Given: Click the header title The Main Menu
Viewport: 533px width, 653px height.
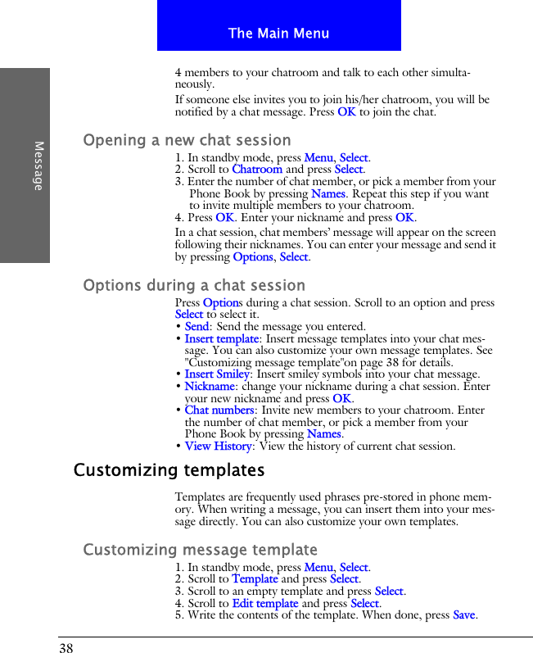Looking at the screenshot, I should [278, 34].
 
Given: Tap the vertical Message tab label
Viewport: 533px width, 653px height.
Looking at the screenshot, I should [38, 166].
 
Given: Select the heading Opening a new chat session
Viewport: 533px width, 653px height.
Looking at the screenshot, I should [187, 140].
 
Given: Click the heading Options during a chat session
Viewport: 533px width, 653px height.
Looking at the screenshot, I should [194, 285].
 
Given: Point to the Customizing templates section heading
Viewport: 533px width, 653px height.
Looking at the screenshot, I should [169, 471].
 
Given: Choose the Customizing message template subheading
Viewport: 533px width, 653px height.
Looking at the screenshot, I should [200, 550].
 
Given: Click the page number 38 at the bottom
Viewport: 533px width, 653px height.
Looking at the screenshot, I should [65, 647].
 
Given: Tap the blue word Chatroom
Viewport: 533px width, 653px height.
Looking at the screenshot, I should [256, 170].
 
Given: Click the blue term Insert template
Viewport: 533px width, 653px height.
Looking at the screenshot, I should [221, 338].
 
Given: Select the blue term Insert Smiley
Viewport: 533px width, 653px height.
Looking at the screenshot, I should [217, 374].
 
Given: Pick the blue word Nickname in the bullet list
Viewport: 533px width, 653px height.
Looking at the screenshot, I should [210, 387].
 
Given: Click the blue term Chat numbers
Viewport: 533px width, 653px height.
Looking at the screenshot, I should [219, 410].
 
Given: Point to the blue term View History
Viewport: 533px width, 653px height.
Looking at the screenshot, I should [218, 447].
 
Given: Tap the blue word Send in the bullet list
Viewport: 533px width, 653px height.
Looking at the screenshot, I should [196, 327].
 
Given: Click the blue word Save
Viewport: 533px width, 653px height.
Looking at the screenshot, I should [464, 615].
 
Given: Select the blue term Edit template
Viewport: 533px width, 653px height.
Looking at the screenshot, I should [264, 604].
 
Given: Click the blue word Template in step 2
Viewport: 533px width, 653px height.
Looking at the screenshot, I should [255, 579].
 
